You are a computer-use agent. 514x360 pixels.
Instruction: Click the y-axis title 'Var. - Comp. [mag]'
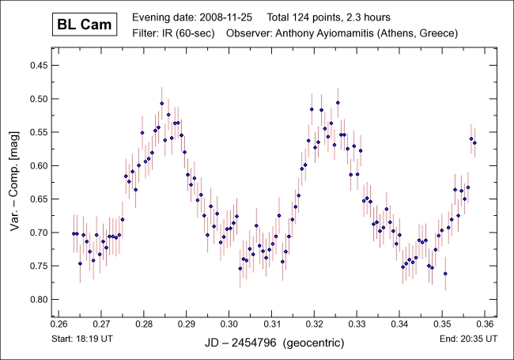(14, 184)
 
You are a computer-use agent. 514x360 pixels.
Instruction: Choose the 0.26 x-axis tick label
(59, 324)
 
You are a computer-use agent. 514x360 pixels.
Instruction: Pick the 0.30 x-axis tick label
(229, 324)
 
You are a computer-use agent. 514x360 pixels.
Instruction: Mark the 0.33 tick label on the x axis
(357, 324)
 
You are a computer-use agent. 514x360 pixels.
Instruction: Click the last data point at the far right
(474, 143)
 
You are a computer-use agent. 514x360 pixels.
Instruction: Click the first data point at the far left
(74, 234)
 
